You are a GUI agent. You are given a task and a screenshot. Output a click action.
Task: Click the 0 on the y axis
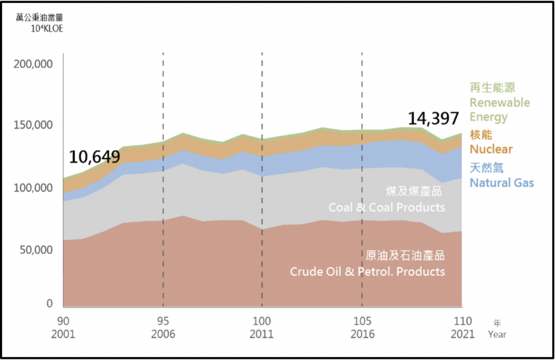click(x=49, y=304)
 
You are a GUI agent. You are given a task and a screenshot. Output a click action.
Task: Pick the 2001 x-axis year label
click(x=64, y=334)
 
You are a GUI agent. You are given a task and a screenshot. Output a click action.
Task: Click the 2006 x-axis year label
click(x=163, y=334)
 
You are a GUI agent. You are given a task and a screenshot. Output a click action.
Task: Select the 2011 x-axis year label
click(x=262, y=334)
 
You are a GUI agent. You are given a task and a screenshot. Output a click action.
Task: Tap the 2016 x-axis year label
click(x=362, y=334)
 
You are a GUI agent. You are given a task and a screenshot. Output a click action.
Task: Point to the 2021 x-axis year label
click(x=462, y=334)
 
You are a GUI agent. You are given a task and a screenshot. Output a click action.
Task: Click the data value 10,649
click(x=94, y=157)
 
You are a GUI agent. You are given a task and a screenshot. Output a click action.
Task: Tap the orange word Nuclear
click(x=491, y=149)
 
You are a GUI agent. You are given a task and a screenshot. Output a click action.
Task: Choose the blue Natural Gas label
click(x=502, y=182)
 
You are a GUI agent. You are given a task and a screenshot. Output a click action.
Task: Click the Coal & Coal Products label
click(x=387, y=207)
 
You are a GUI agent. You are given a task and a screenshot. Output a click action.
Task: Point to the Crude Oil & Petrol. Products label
click(x=368, y=271)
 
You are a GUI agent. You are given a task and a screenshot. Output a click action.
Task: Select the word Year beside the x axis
click(x=497, y=334)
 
